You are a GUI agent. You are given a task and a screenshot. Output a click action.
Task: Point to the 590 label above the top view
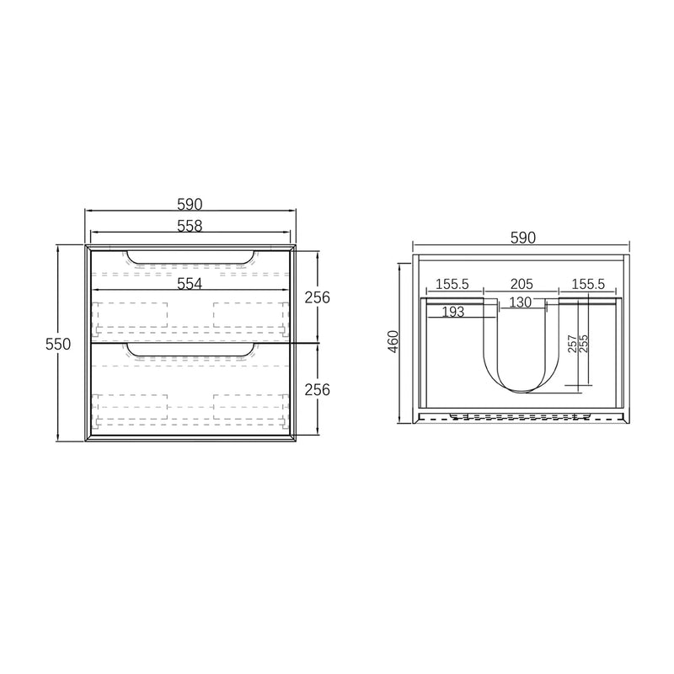tap(522, 238)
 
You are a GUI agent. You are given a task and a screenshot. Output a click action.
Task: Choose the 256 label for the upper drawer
tap(317, 297)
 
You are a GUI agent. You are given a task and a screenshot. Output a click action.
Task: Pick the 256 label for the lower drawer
tap(317, 389)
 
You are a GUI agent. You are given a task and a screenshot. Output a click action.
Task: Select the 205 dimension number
tap(522, 285)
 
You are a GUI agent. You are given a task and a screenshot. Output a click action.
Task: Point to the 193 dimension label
tap(454, 313)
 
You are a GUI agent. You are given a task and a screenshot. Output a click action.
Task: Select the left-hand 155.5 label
tap(453, 285)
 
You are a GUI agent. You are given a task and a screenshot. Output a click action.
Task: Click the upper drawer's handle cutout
tap(189, 258)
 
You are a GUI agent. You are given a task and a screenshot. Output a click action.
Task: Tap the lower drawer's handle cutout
tap(189, 350)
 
